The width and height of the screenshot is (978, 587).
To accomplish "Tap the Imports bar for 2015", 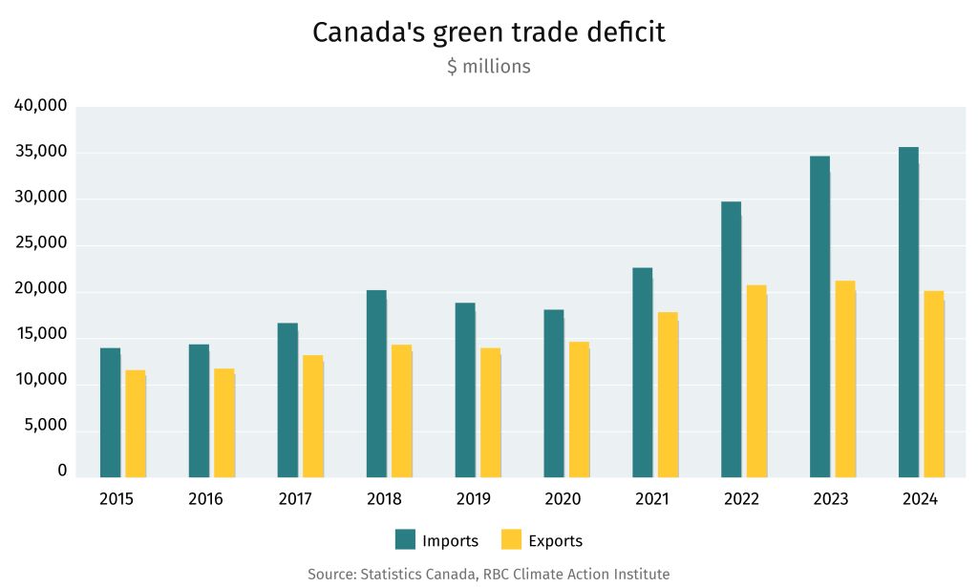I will point(111,412).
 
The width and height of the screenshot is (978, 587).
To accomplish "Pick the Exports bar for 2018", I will point(402,410).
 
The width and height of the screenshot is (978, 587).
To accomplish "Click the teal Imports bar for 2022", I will point(732,339).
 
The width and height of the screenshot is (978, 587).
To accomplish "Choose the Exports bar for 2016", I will point(224,423).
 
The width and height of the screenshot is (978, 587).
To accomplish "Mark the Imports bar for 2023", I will point(819,316).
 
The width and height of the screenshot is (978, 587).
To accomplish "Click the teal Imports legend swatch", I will point(406,540).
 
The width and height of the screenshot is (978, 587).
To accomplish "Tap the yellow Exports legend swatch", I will point(512,540).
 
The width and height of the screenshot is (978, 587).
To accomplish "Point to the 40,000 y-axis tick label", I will point(41,106).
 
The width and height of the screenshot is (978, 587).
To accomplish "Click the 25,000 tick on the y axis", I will point(41,243).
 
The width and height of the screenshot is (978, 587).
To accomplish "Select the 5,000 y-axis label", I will point(47,426).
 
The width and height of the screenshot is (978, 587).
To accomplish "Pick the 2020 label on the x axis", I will point(563,499).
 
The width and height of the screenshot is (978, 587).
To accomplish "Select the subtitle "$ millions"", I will point(488,67).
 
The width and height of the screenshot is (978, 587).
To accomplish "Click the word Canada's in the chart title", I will point(369,32).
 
